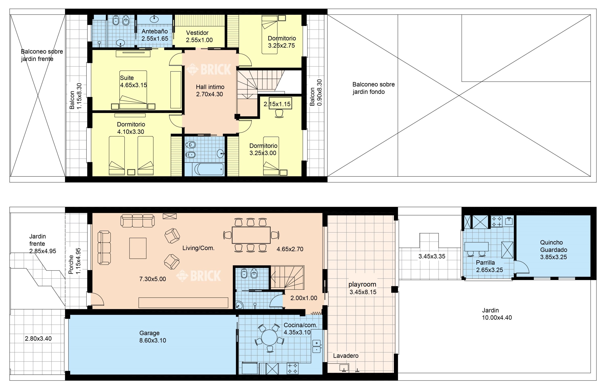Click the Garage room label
(149, 333)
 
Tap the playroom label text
(362, 284)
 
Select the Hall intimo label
(210, 87)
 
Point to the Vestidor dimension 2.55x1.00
(199, 40)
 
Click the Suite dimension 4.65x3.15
(133, 85)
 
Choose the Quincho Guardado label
(553, 246)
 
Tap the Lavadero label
(346, 356)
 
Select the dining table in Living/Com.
(251, 235)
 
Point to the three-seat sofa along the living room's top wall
(137, 221)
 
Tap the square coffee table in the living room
(138, 248)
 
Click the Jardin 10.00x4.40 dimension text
(497, 318)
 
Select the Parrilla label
(485, 262)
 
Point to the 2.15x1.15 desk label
(277, 104)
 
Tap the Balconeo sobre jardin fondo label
(373, 88)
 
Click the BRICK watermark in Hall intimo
(209, 69)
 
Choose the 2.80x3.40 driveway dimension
(38, 338)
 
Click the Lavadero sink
(344, 368)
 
